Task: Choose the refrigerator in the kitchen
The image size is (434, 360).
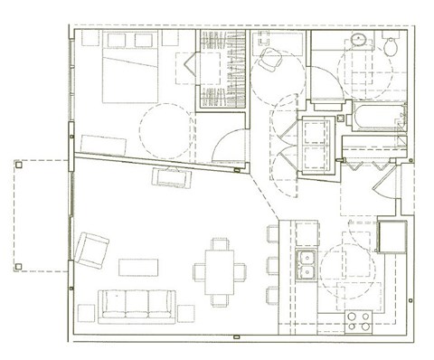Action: [392, 237]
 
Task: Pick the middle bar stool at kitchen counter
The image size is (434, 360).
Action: [273, 263]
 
